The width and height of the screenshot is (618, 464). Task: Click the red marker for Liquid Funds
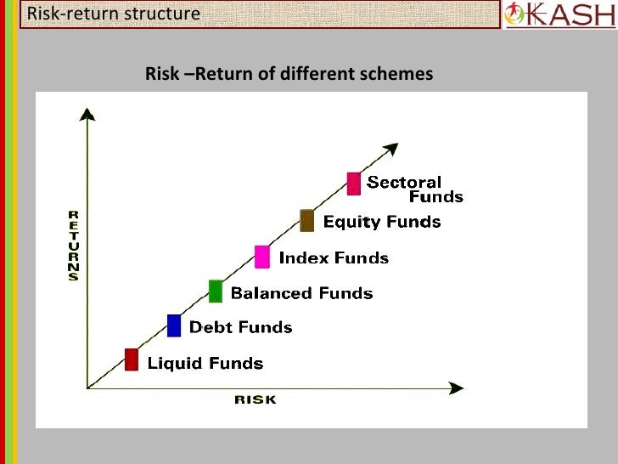[x=132, y=359]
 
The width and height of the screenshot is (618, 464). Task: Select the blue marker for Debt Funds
[x=174, y=325]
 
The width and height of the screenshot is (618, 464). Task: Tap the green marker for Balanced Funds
[x=216, y=291]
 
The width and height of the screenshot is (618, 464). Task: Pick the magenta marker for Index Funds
[x=262, y=256]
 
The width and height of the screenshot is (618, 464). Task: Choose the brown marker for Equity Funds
[x=307, y=220]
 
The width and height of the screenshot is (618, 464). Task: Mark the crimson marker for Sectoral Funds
[x=354, y=183]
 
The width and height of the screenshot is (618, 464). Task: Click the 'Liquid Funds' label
[x=205, y=364]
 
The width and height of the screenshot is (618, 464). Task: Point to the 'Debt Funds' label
[x=240, y=327]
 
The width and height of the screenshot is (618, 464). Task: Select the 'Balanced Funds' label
[x=301, y=293]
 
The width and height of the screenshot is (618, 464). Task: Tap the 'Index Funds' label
[x=334, y=257]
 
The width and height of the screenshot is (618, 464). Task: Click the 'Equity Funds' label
[x=382, y=222]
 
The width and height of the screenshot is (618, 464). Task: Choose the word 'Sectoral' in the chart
[x=404, y=182]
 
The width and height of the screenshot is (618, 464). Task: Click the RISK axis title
[x=255, y=399]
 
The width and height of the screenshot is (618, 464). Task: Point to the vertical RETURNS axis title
[x=74, y=245]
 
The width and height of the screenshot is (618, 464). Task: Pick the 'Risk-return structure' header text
[x=114, y=14]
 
